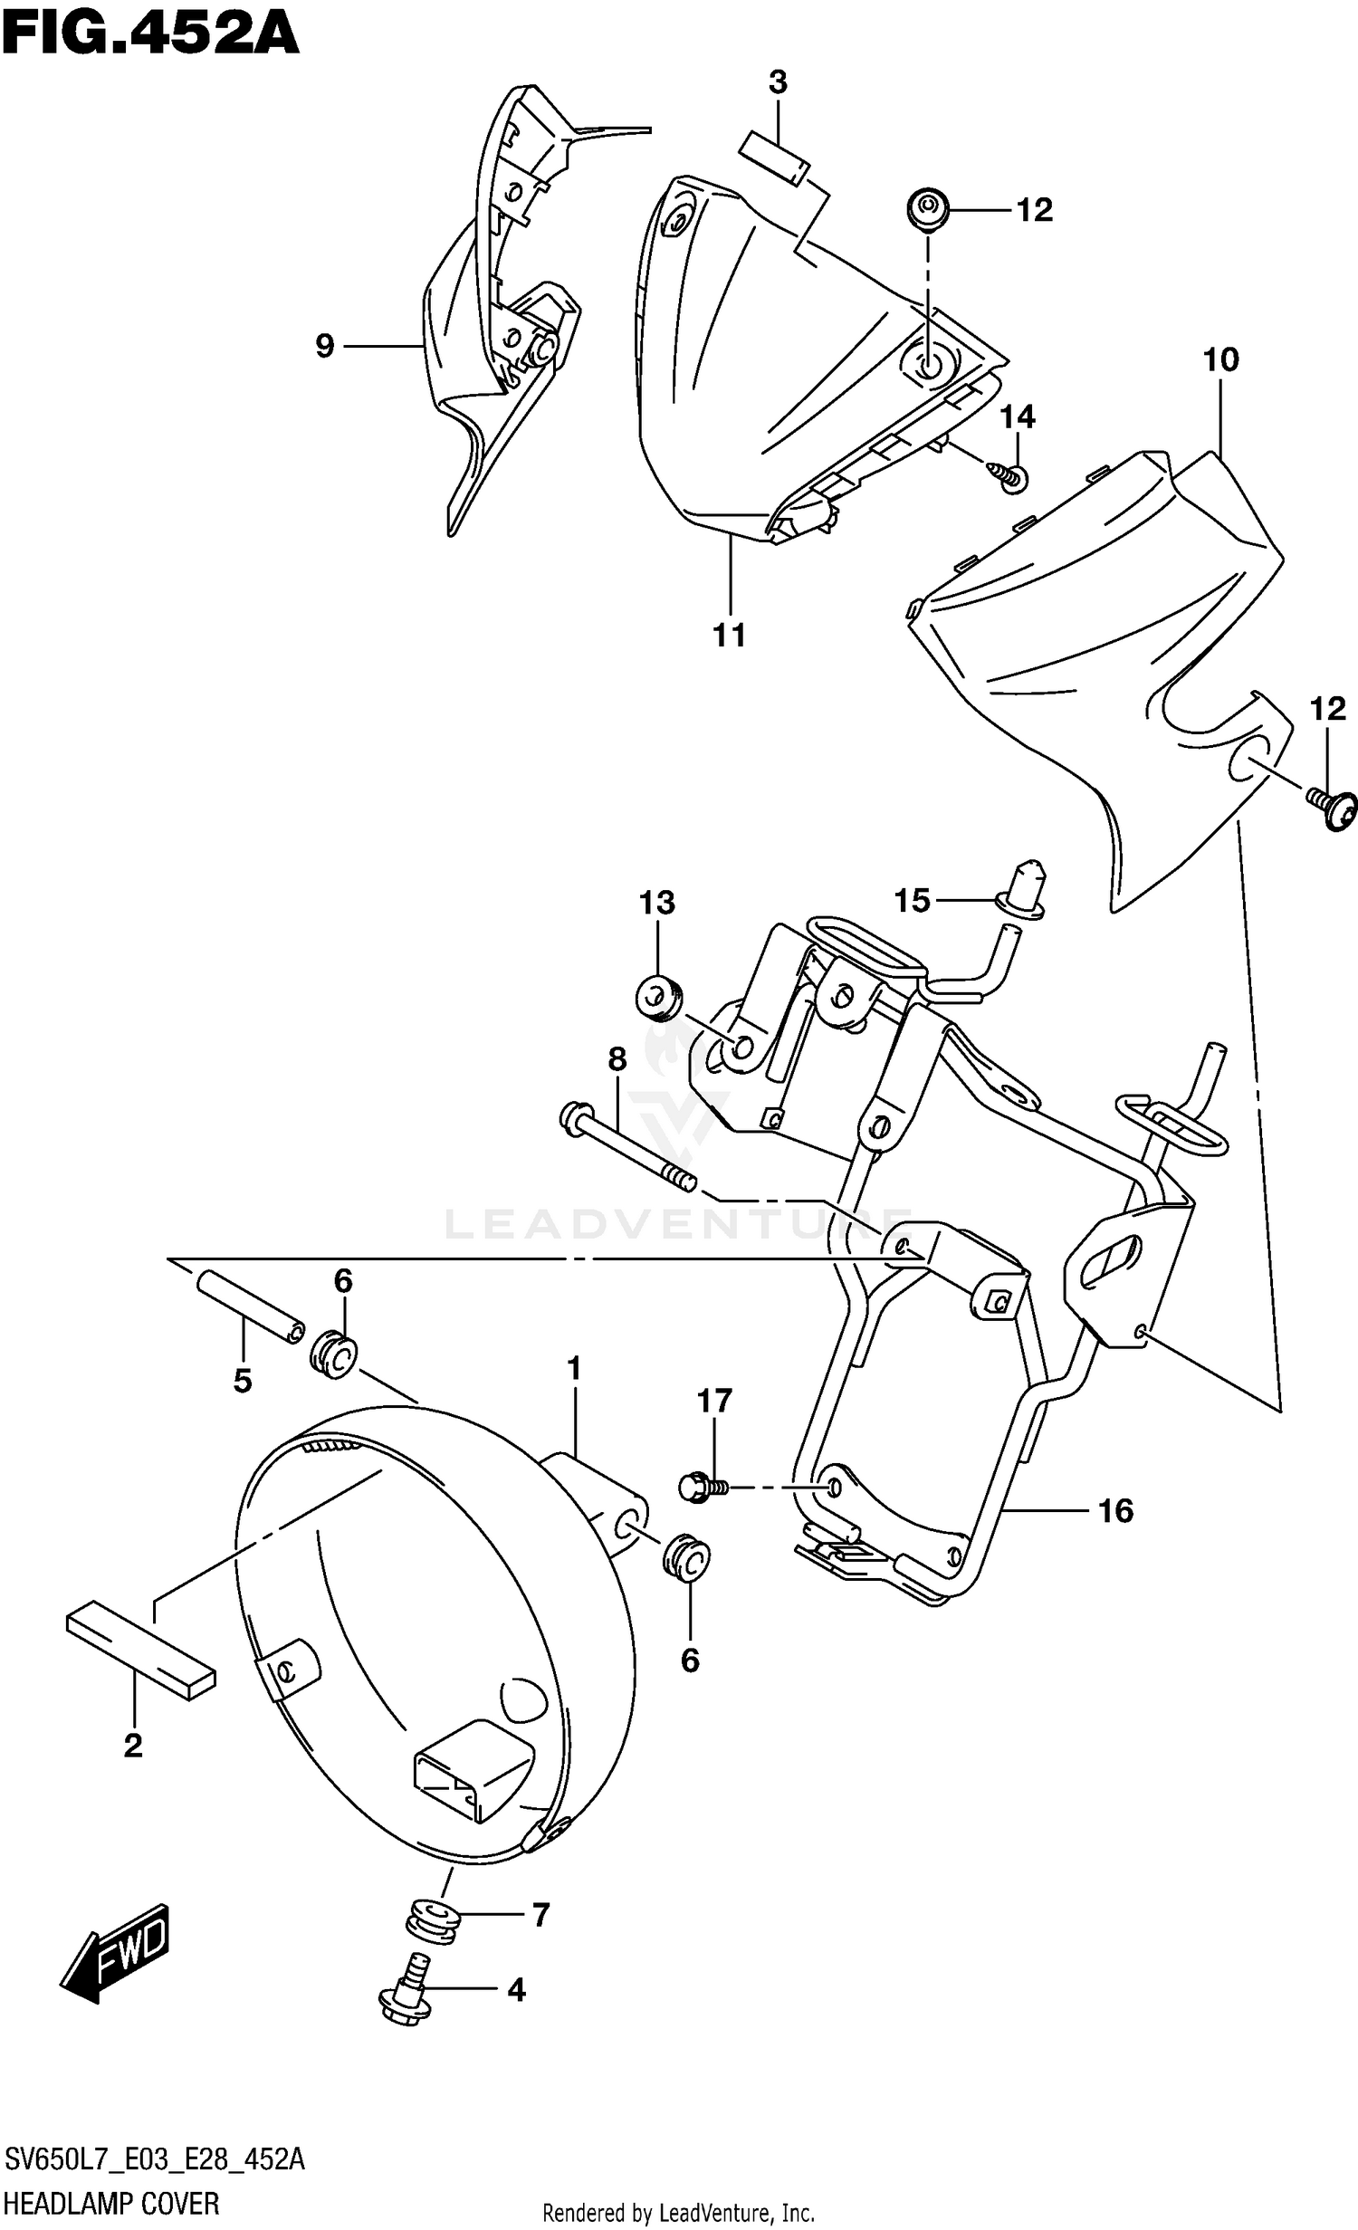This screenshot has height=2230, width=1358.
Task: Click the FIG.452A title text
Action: point(149,36)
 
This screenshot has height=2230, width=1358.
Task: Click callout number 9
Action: point(325,345)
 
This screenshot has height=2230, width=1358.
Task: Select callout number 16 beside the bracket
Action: point(1115,1510)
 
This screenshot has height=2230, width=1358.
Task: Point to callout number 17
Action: point(714,1401)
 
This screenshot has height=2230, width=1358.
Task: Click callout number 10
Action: point(1220,359)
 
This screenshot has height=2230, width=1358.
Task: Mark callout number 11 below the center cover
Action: point(729,635)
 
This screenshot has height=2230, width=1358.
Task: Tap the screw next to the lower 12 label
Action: point(1334,808)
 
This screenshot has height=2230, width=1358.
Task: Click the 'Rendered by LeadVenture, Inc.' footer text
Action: point(678,2215)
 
